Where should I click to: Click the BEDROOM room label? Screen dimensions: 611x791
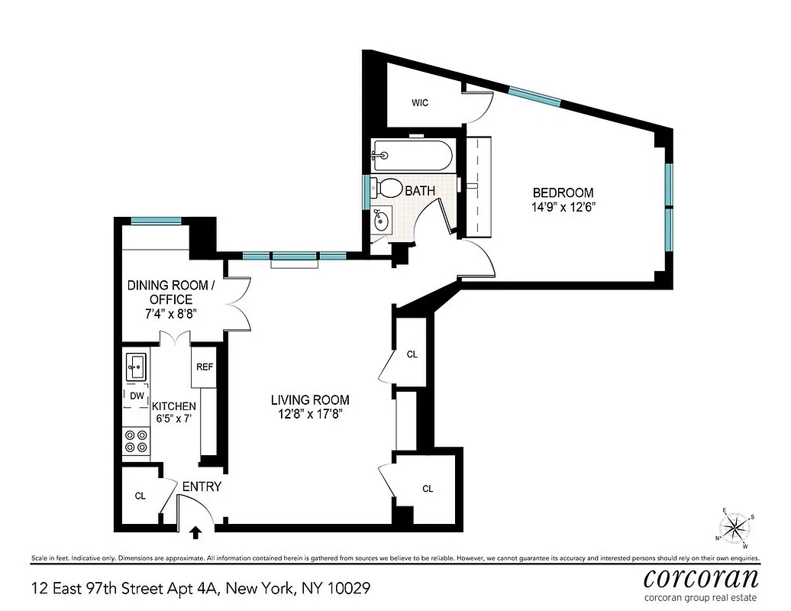[563, 193]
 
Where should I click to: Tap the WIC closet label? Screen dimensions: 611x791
[419, 103]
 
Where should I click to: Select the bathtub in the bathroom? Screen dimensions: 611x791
[412, 155]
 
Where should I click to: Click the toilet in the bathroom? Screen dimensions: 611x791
[389, 188]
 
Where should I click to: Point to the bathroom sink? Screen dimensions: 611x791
[381, 221]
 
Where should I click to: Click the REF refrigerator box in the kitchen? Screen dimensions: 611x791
[204, 367]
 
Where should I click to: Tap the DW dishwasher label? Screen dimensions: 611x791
[136, 396]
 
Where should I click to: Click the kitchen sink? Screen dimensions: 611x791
[137, 367]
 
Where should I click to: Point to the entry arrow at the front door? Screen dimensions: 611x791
[196, 532]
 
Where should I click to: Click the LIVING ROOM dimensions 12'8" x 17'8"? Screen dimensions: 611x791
[310, 415]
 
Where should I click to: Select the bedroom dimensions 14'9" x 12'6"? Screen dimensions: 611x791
[563, 208]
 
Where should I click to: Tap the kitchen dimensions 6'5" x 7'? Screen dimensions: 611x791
[174, 420]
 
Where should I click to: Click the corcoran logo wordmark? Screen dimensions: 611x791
[701, 577]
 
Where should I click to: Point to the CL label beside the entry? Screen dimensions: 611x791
[140, 496]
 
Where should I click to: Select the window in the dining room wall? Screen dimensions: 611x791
[156, 221]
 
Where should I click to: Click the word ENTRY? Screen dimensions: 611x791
[202, 487]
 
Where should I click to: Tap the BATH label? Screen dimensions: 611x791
[420, 191]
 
